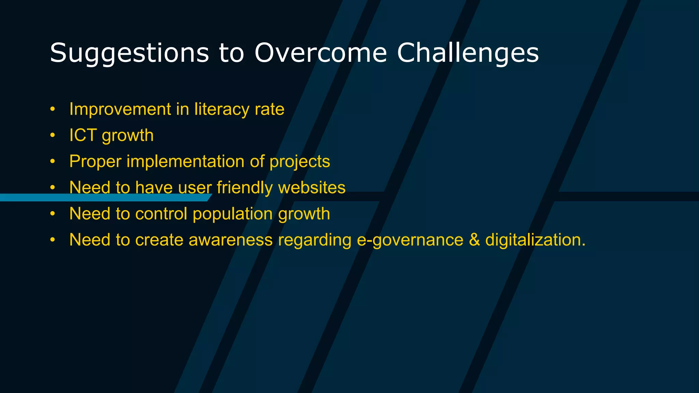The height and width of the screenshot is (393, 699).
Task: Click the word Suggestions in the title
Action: click(129, 53)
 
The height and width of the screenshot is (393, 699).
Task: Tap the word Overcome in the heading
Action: click(320, 53)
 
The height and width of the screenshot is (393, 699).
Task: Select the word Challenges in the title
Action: click(468, 53)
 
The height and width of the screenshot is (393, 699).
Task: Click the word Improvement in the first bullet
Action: click(120, 110)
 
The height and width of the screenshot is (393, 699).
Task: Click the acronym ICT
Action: click(83, 135)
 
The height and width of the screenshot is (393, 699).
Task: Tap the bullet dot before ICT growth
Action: click(52, 135)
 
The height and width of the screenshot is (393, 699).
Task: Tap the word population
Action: click(232, 214)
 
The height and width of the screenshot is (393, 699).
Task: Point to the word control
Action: click(161, 214)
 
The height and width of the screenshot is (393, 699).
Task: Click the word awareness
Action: click(230, 240)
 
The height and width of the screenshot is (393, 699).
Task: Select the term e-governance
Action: click(410, 240)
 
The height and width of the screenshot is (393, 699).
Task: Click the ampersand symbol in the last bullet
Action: click(474, 240)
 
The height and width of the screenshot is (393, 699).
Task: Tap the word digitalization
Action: click(535, 240)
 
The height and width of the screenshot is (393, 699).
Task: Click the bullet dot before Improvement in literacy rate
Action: click(52, 110)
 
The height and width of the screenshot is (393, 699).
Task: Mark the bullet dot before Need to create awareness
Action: click(52, 240)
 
